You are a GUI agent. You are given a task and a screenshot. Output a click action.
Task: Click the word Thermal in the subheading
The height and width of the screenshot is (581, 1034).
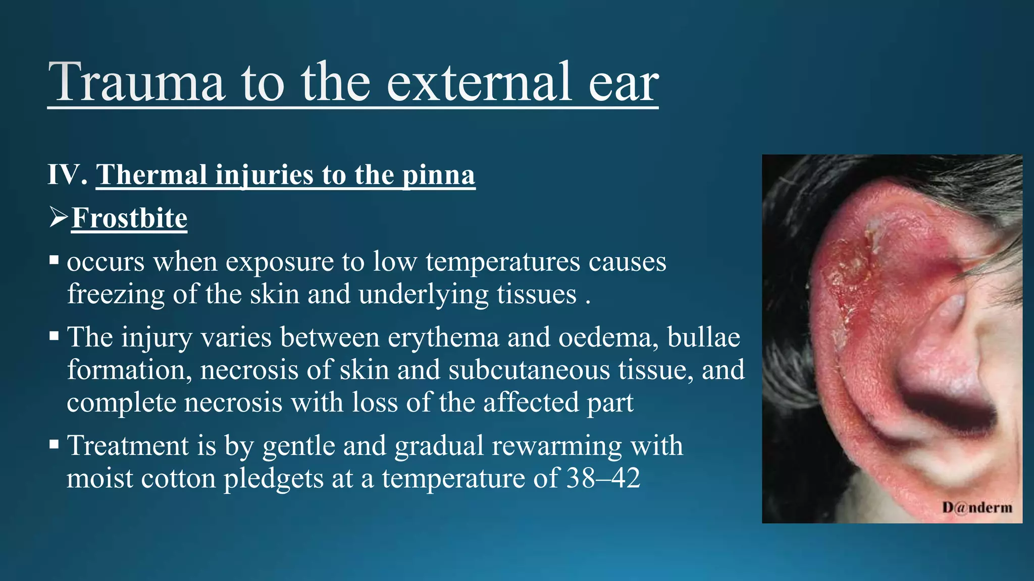click(151, 175)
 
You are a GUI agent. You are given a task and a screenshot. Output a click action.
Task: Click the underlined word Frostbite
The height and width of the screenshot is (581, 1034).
click(129, 218)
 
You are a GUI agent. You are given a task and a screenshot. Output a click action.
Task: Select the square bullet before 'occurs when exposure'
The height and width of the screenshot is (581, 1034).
click(55, 261)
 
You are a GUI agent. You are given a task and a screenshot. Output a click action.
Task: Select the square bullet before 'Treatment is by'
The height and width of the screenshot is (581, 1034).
click(55, 445)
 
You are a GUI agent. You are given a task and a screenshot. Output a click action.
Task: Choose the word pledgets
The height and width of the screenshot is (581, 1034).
click(274, 479)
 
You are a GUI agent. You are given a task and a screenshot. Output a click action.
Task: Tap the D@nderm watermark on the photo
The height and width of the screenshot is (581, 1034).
click(976, 507)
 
